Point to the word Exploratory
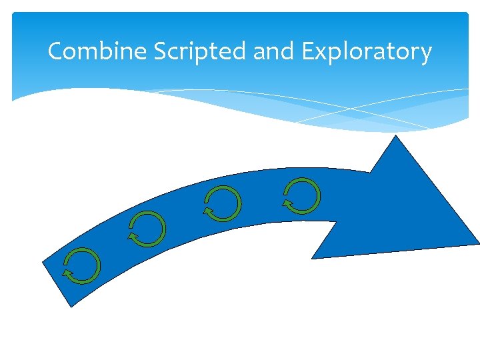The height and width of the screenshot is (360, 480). pyautogui.click(x=367, y=51)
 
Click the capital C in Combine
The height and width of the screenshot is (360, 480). pyautogui.click(x=55, y=51)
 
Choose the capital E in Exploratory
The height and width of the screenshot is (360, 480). pyautogui.click(x=308, y=51)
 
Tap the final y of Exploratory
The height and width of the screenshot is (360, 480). pyautogui.click(x=426, y=54)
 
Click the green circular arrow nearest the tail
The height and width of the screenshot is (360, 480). pyautogui.click(x=83, y=265)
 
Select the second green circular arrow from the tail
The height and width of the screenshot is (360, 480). pyautogui.click(x=147, y=229)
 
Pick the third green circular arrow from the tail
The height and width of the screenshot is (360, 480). pyautogui.click(x=223, y=203)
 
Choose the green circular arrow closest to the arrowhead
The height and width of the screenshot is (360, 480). pyautogui.click(x=302, y=196)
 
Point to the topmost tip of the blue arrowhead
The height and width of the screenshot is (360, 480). pyautogui.click(x=397, y=136)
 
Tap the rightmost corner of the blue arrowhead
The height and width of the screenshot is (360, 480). pyautogui.click(x=478, y=242)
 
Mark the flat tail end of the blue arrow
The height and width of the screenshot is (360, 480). pyautogui.click(x=57, y=283)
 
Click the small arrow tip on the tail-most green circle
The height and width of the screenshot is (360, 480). pyautogui.click(x=67, y=273)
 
